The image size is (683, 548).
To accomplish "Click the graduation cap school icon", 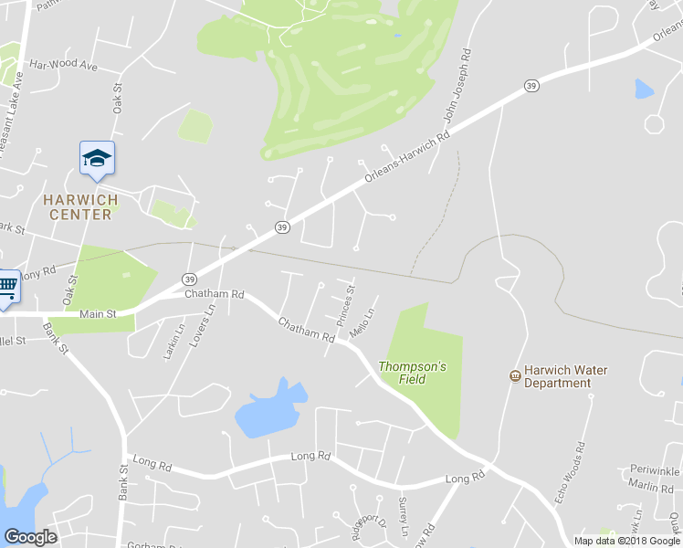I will pos(97,159).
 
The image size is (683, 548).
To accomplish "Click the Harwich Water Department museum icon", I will pos(515,376).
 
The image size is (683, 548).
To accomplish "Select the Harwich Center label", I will pos(80,207).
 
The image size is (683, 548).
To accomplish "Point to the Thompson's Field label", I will pos(412,373).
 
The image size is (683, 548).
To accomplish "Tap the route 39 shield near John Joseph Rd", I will pos(531,86).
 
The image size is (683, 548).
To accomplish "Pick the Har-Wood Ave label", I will pos(63,66).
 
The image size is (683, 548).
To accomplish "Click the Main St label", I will pos(99,314).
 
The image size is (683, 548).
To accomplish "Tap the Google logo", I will pos(30,537).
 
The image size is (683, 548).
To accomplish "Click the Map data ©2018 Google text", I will pos(625,540).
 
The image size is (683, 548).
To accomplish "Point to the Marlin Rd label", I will pos(655,487).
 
